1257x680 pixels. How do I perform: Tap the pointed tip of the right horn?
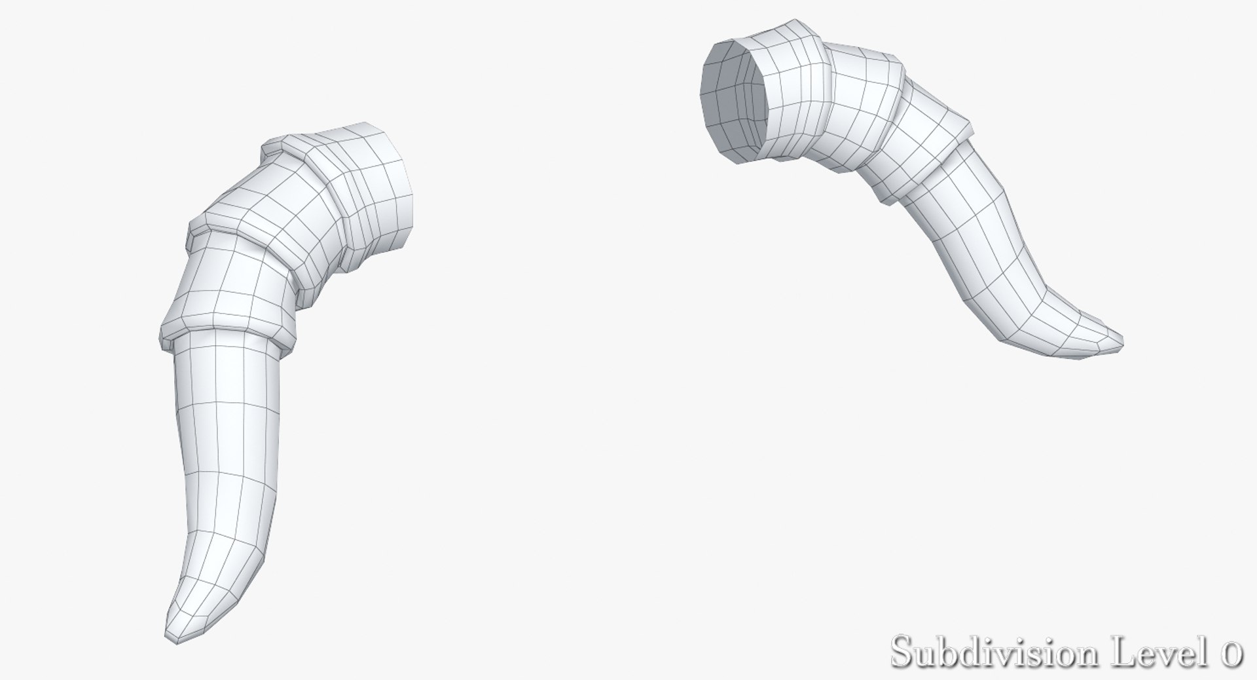pos(1121,342)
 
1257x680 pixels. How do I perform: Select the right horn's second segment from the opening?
pos(864,111)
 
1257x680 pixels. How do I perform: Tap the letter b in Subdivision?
pos(950,652)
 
